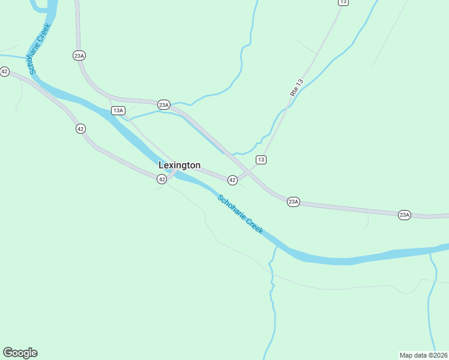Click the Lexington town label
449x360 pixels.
coord(179,165)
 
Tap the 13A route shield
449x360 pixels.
coord(118,110)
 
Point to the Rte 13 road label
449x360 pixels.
coord(297,88)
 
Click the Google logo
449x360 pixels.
coord(20,353)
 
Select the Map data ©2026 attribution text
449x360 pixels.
coord(423,355)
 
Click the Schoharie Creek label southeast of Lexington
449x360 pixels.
coord(240,214)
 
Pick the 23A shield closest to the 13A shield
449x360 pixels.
coord(163,104)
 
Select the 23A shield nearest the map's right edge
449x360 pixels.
coord(405,214)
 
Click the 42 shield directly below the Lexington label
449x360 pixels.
coord(161,179)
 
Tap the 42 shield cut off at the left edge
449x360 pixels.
coord(4,71)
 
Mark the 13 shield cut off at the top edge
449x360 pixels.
coord(343,2)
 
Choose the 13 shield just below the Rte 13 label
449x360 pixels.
coord(261,159)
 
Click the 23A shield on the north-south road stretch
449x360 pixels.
coord(79,56)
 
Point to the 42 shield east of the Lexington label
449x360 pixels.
coord(232,179)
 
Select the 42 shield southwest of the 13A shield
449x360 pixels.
coord(80,128)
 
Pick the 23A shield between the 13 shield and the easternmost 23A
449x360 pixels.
coord(293,202)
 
